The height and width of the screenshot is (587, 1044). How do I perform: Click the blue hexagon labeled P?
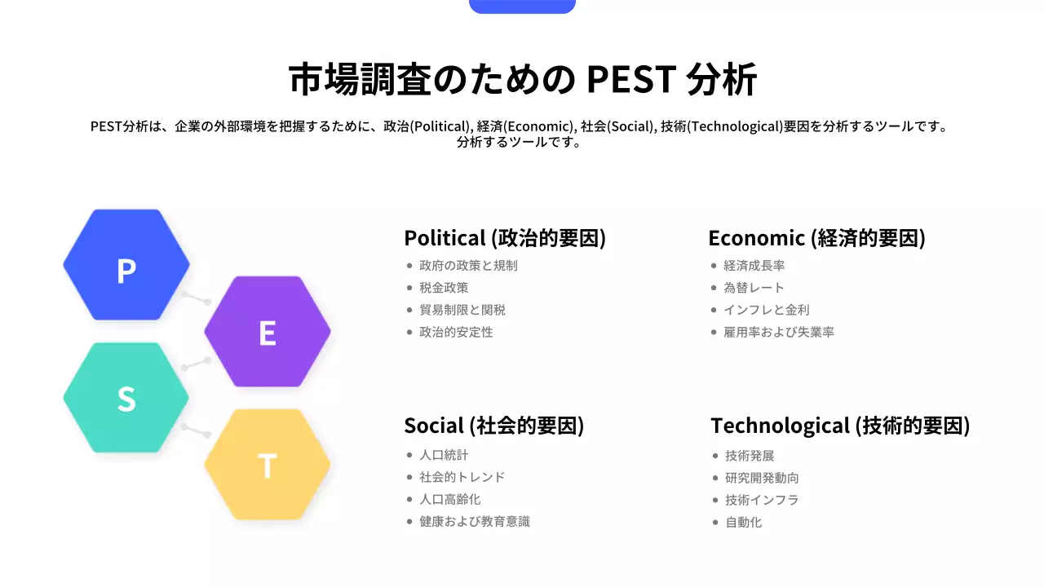(126, 265)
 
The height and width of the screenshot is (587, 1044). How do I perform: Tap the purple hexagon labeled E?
(268, 332)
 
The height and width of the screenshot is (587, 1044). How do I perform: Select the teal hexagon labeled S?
(126, 398)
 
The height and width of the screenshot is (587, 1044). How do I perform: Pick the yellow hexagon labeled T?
(268, 465)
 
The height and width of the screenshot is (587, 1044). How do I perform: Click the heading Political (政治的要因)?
(505, 238)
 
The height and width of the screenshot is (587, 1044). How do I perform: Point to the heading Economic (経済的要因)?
(816, 238)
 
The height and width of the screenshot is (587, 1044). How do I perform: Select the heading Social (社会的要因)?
(494, 426)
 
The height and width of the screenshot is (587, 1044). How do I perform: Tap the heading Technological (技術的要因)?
(840, 426)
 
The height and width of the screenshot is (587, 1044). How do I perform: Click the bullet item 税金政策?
(444, 288)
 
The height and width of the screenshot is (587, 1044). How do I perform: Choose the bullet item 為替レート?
(754, 288)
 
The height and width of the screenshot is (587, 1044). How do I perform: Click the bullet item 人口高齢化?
(450, 499)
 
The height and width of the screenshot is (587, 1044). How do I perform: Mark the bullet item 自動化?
(743, 522)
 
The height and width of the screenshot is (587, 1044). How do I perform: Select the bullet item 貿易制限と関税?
(462, 310)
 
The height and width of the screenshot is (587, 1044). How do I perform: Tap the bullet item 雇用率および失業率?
(778, 332)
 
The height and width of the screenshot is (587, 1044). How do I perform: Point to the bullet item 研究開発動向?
(762, 478)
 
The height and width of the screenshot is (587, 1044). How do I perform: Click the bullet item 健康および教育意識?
(475, 521)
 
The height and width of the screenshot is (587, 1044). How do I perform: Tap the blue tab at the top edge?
(522, 7)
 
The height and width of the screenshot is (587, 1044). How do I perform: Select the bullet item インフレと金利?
(766, 310)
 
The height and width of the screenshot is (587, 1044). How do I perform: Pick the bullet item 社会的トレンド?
(462, 477)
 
